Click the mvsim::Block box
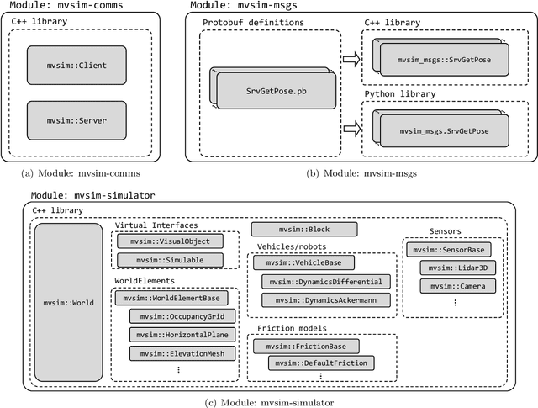pyautogui.click(x=305, y=229)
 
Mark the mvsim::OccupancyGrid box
pyautogui.click(x=184, y=316)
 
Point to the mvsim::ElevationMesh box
pyautogui.click(x=184, y=353)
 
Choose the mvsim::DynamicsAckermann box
pyautogui.click(x=326, y=299)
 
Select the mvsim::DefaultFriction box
pyautogui.click(x=321, y=363)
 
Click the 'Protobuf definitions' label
pyautogui.click(x=251, y=22)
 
